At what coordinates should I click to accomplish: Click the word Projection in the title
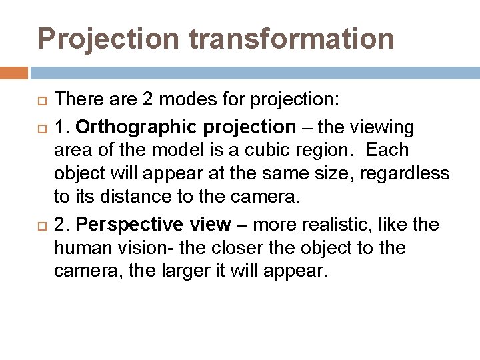109,39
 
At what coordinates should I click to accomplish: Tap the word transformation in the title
292,39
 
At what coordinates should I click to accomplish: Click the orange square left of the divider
13,72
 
